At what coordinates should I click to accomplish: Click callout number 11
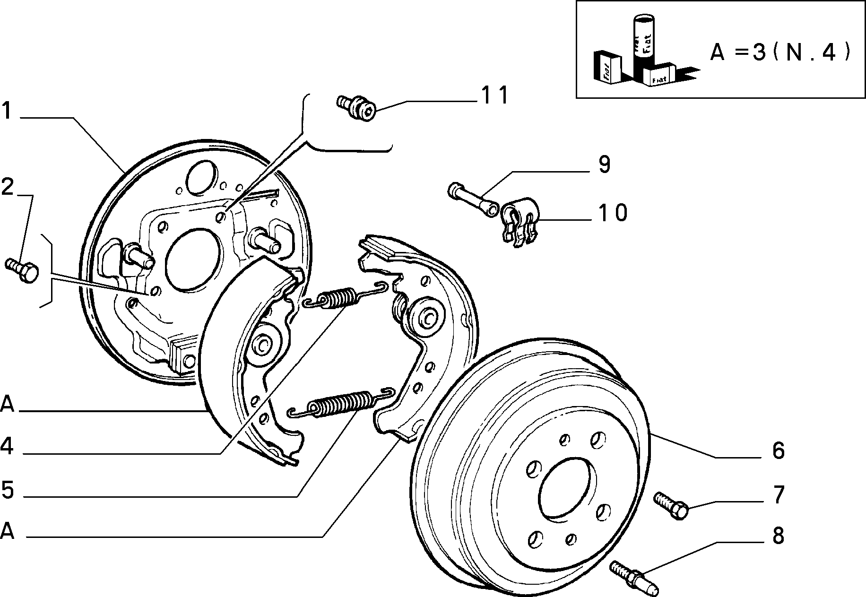point(495,95)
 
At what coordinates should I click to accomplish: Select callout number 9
point(604,165)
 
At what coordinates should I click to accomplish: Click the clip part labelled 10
point(520,220)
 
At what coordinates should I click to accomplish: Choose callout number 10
point(613,213)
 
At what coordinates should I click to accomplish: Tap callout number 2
point(8,188)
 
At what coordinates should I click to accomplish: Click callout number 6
point(779,450)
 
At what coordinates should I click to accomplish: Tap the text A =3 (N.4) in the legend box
point(780,52)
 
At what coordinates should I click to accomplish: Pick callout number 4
point(7,446)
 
